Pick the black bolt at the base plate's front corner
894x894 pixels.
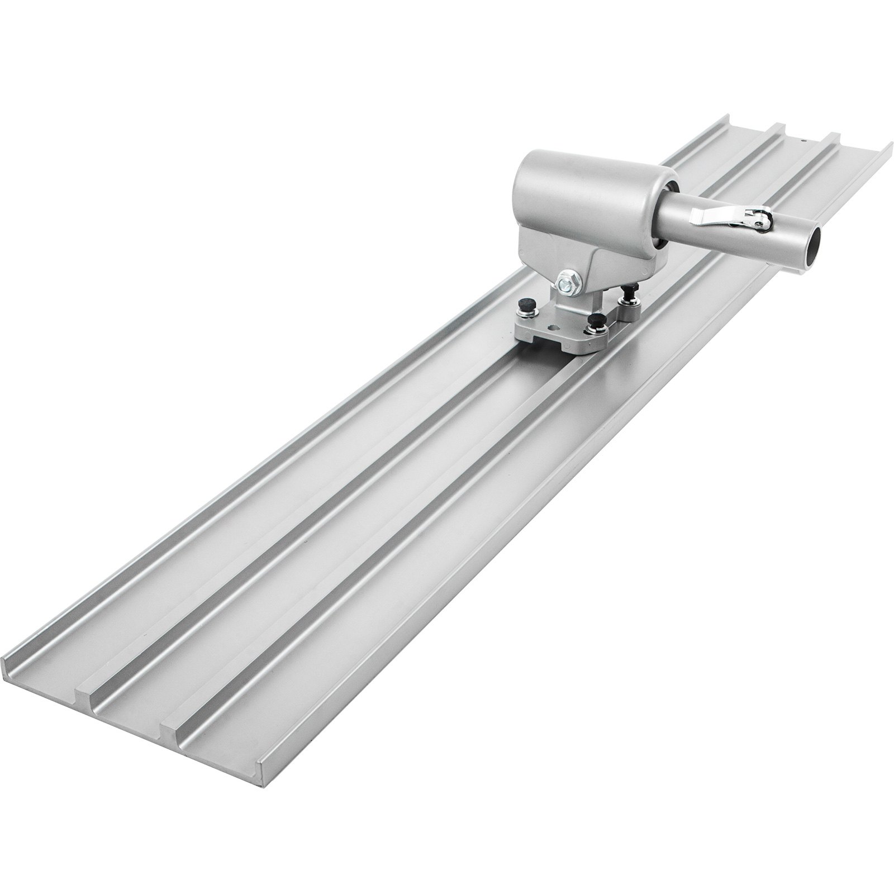tap(596, 322)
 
